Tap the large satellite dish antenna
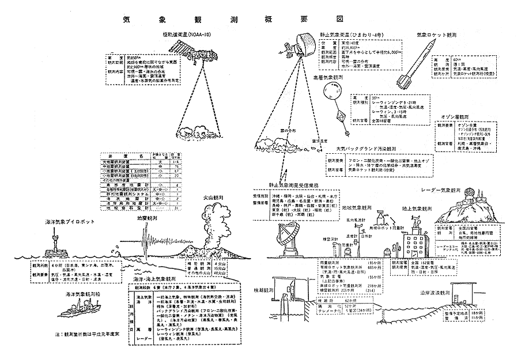[x=286, y=236]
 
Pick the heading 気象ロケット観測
[x=437, y=35]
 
